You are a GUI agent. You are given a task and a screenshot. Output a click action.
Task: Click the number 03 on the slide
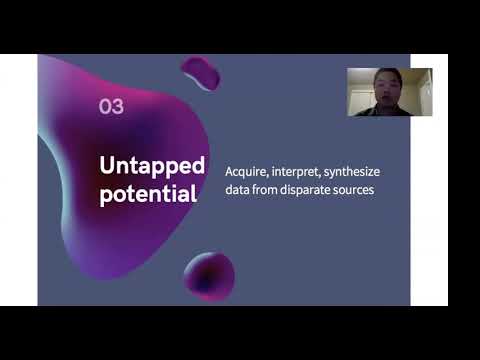[x=111, y=107]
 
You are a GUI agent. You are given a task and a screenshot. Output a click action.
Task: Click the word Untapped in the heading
[x=152, y=164]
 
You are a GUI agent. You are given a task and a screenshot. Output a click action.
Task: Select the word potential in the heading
[x=147, y=194]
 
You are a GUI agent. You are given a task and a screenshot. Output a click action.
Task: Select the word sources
[x=358, y=190]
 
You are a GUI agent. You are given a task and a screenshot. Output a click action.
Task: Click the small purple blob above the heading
[x=201, y=72]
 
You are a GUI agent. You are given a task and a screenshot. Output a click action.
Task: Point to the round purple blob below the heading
[x=209, y=274]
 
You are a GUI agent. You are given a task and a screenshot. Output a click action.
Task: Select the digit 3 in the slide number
[x=117, y=107]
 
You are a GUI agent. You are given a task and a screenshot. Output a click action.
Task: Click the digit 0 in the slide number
[x=104, y=107]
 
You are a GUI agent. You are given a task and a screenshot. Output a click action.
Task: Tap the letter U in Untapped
[x=106, y=164]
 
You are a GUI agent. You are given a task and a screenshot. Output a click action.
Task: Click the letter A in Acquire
[x=230, y=172]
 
